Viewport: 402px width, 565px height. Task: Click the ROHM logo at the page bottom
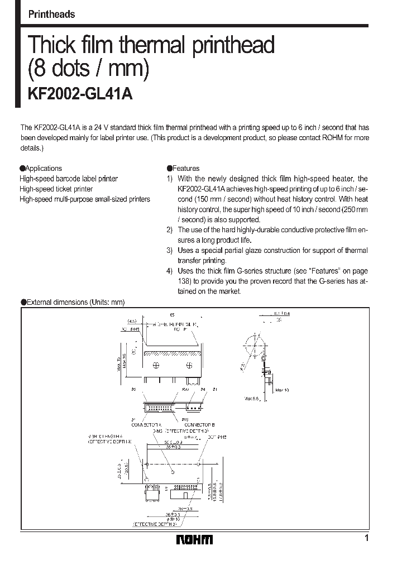click(x=194, y=539)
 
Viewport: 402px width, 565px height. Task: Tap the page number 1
click(x=366, y=538)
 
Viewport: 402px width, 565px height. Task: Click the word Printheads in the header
click(x=51, y=15)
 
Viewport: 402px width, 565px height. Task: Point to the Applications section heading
click(x=41, y=168)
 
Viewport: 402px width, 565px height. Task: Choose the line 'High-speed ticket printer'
click(x=56, y=189)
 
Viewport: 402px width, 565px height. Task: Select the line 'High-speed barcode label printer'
click(x=69, y=179)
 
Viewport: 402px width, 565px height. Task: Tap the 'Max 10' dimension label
click(x=282, y=389)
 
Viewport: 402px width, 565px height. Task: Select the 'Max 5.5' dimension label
click(x=252, y=399)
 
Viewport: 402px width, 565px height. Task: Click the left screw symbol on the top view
click(x=156, y=365)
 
